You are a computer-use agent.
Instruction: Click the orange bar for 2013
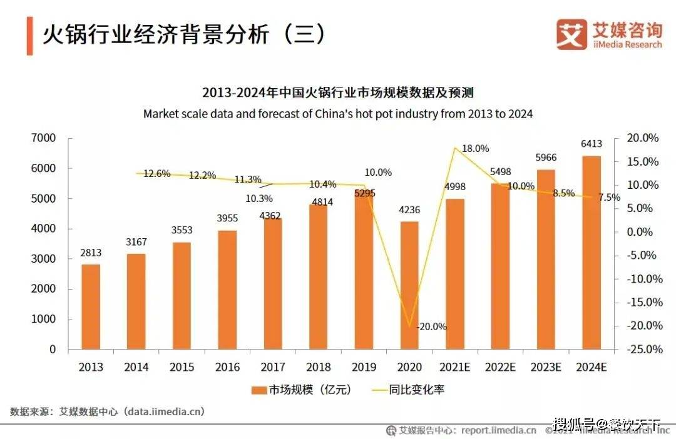coord(91,306)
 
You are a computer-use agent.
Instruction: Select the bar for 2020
coord(409,285)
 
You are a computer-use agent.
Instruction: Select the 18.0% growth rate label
coord(475,149)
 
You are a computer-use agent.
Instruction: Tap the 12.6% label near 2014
coord(156,174)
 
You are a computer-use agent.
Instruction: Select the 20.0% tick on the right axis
coord(643,138)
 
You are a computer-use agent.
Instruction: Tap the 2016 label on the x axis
coord(227,367)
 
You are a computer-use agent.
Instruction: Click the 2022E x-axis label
coord(499,367)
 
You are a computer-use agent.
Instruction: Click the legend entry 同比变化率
coord(409,390)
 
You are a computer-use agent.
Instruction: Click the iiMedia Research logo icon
coord(571,34)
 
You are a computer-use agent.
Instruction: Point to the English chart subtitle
coord(338,114)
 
